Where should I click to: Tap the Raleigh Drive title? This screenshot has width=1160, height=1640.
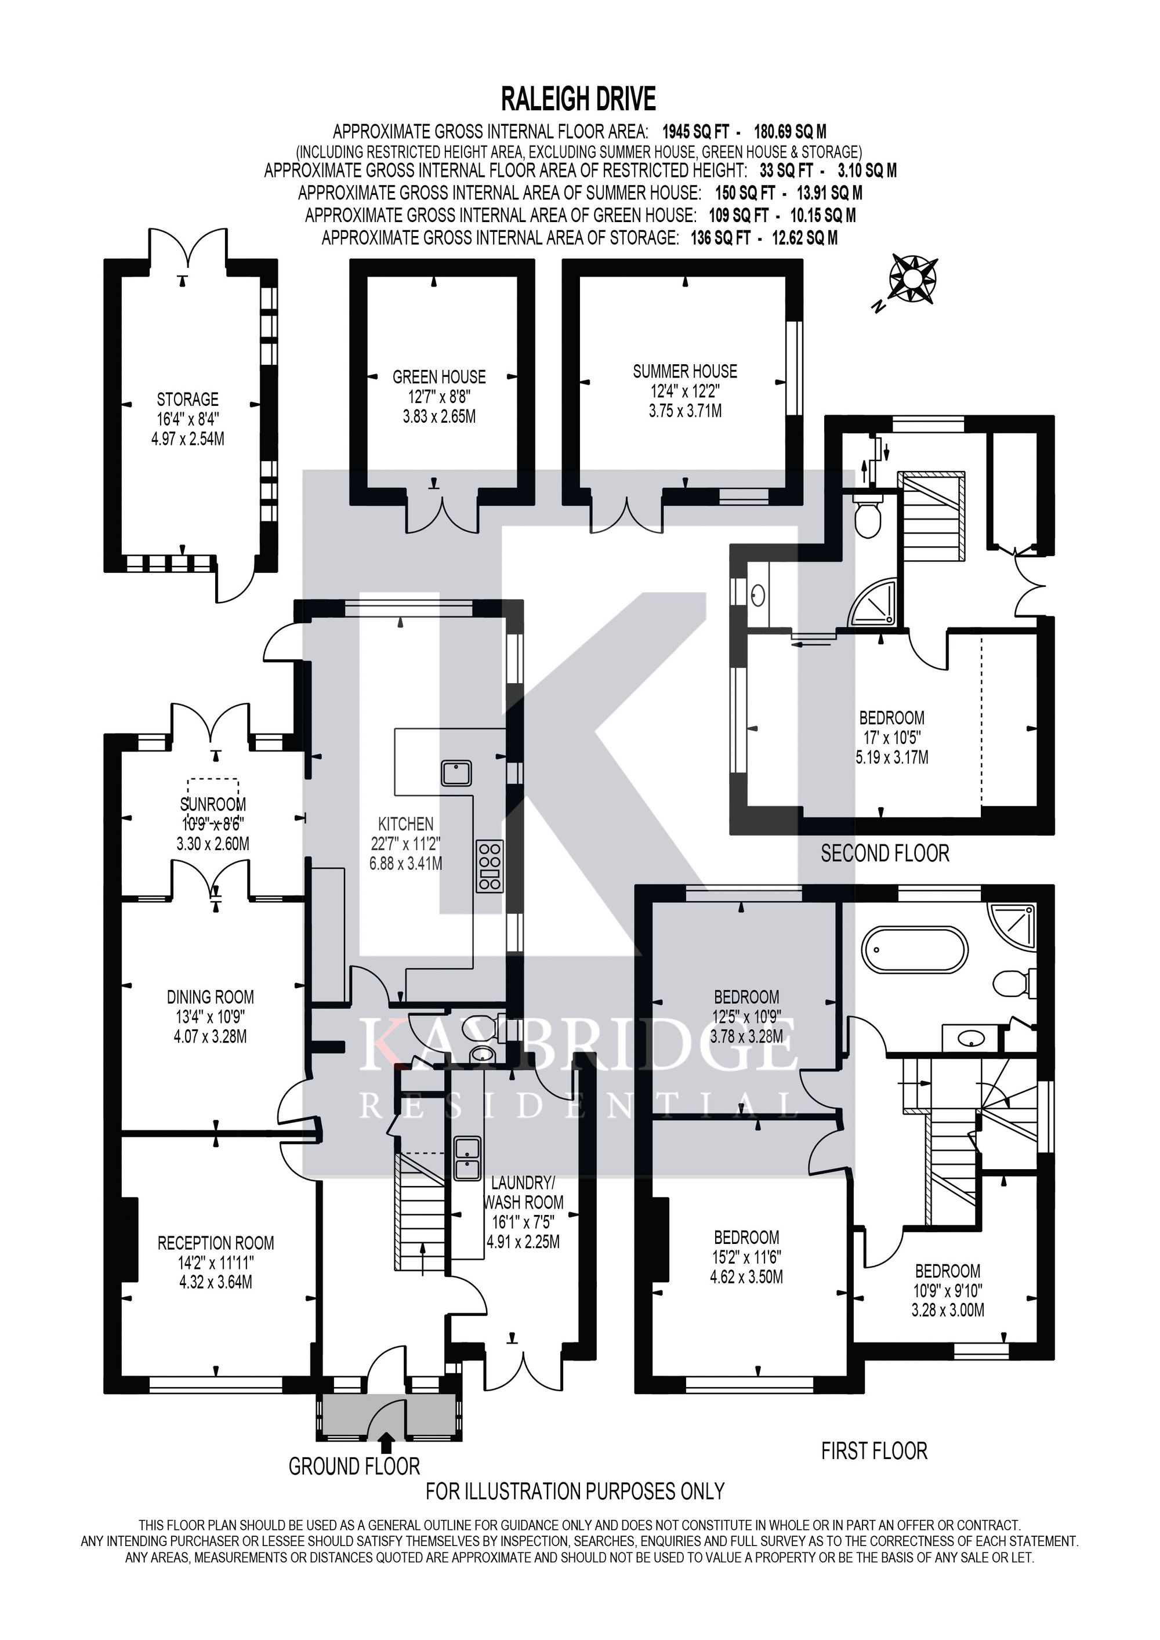click(x=579, y=99)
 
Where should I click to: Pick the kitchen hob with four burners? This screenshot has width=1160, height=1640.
click(x=490, y=866)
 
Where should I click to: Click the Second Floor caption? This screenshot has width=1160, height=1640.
click(x=885, y=853)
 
